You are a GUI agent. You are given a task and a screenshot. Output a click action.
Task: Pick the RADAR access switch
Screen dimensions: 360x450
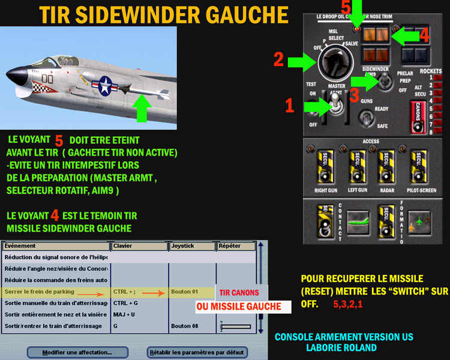pos(385,166)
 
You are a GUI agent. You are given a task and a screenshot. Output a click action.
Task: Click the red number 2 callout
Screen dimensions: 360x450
pos(278,59)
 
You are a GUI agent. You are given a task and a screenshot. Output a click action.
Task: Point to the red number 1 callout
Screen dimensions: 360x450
pos(289,106)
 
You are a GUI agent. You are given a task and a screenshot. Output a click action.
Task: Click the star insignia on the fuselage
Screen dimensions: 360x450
pos(103,84)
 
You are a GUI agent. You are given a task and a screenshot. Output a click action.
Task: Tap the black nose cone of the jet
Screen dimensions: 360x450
pos(13,77)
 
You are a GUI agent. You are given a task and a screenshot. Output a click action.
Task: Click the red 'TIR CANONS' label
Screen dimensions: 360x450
pos(239,293)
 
